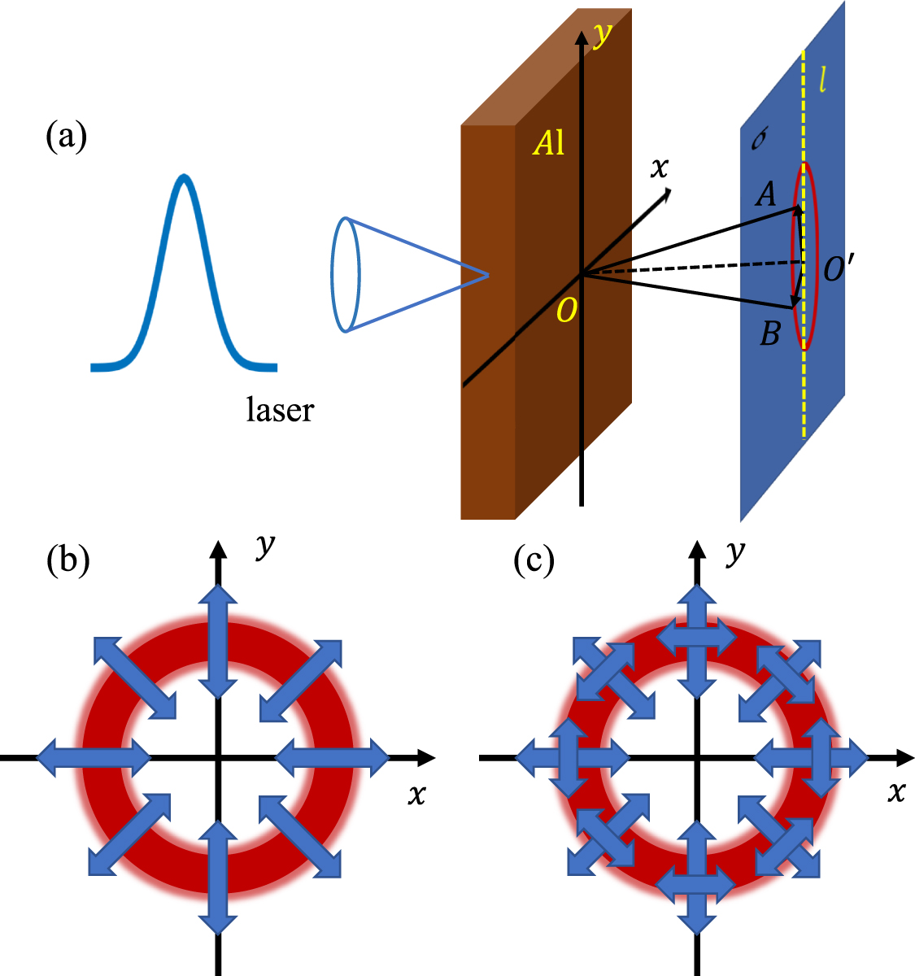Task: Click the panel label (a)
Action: click(x=66, y=137)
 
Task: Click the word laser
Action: click(x=279, y=410)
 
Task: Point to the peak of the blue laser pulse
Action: click(x=185, y=177)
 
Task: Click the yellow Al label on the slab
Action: click(x=548, y=143)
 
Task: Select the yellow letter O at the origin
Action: click(x=567, y=311)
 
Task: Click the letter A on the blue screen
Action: click(x=765, y=194)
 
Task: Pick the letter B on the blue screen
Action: click(x=769, y=333)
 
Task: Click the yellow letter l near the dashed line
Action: click(x=822, y=80)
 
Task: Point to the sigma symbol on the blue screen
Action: click(x=759, y=141)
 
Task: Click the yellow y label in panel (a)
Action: click(x=603, y=34)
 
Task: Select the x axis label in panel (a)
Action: click(x=660, y=168)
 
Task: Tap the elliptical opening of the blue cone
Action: click(x=345, y=274)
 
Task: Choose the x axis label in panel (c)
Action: click(x=895, y=791)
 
